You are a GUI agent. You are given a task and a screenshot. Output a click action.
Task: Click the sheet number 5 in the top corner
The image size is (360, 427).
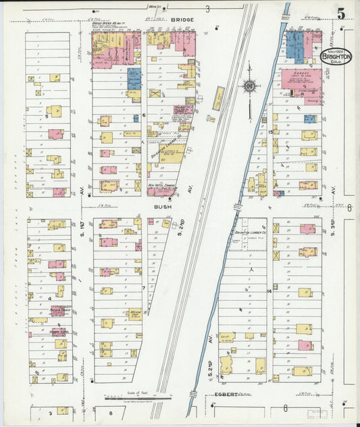[342, 14]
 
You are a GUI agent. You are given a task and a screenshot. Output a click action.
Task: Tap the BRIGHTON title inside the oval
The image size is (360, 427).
[336, 58]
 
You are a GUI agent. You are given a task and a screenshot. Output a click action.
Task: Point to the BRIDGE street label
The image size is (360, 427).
[182, 20]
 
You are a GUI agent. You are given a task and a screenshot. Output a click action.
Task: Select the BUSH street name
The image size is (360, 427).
[161, 207]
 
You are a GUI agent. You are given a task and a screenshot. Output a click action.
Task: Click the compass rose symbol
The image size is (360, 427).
[249, 86]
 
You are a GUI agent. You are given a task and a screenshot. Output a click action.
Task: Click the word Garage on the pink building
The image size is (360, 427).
[301, 72]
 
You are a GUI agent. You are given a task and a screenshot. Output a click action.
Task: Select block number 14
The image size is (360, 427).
[269, 291]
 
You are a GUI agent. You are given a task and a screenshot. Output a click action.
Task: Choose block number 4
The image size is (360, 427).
[49, 297]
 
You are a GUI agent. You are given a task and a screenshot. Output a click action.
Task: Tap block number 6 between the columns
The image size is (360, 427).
[144, 116]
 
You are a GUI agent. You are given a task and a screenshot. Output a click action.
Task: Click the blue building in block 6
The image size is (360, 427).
[134, 78]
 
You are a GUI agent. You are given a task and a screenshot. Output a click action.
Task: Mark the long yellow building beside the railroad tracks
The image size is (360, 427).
[219, 99]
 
